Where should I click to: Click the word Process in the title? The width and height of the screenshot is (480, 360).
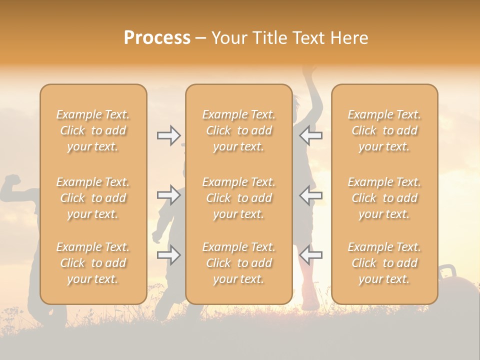click(157, 38)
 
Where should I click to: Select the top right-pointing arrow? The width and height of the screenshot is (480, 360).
click(168, 135)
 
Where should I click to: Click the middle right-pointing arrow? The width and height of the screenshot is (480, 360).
click(168, 195)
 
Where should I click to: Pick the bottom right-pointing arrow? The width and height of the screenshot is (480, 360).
click(168, 255)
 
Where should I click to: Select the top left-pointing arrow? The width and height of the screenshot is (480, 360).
click(310, 135)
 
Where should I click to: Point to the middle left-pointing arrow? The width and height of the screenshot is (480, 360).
click(310, 195)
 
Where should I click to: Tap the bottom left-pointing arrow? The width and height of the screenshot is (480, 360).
click(310, 255)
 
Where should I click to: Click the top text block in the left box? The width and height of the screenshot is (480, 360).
click(93, 130)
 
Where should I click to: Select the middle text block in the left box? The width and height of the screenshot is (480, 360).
click(93, 198)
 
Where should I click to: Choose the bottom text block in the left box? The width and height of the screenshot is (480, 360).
click(93, 263)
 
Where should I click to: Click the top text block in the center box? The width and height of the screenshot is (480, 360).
click(239, 130)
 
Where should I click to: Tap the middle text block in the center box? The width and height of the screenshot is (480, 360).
click(239, 198)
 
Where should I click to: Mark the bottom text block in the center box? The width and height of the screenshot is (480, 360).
click(239, 263)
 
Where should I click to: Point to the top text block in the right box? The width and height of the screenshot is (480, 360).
click(384, 130)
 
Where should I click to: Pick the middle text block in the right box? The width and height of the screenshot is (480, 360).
click(384, 198)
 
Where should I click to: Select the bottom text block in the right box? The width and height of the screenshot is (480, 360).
click(384, 263)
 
